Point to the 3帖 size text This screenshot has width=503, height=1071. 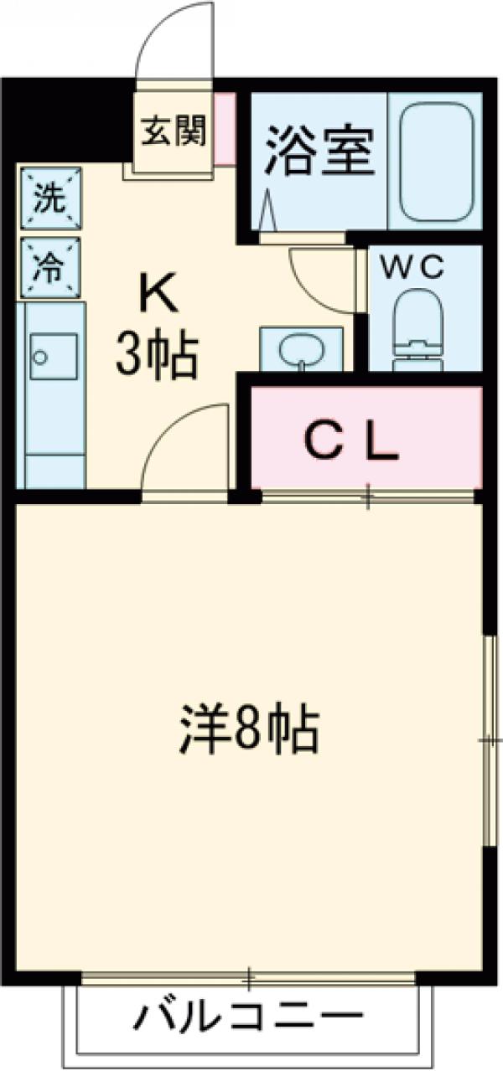click(x=158, y=356)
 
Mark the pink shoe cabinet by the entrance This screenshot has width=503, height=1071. click(x=225, y=129)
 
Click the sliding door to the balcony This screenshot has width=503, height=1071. click(x=248, y=976)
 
